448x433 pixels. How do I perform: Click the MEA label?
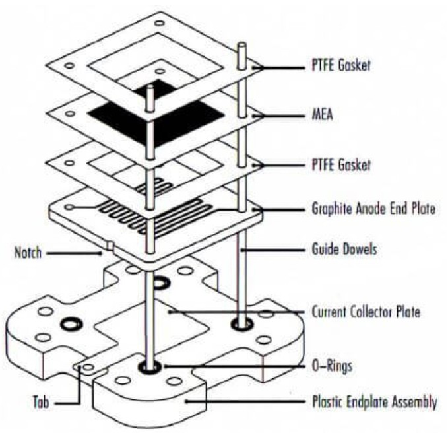pyautogui.click(x=322, y=115)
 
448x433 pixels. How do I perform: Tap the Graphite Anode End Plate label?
pyautogui.click(x=373, y=209)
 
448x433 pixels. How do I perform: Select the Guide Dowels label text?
pyautogui.click(x=344, y=250)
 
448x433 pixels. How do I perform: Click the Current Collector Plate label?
pyautogui.click(x=366, y=312)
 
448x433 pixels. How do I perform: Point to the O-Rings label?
pyautogui.click(x=332, y=366)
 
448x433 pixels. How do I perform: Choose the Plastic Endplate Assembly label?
pyautogui.click(x=375, y=402)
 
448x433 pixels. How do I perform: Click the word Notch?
pyautogui.click(x=28, y=253)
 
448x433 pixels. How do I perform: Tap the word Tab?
pyautogui.click(x=41, y=402)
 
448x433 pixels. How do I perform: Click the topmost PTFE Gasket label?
pyautogui.click(x=341, y=65)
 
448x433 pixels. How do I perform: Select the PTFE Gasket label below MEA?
pyautogui.click(x=341, y=165)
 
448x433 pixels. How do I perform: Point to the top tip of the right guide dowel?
pyautogui.click(x=241, y=44)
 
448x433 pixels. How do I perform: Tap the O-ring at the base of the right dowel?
pyautogui.click(x=241, y=324)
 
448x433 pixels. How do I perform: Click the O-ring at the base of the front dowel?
pyautogui.click(x=149, y=367)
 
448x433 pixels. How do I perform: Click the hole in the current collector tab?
pyautogui.click(x=88, y=367)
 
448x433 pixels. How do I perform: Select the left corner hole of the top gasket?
pyautogui.click(x=69, y=66)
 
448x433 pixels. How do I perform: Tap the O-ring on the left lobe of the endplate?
pyautogui.click(x=71, y=324)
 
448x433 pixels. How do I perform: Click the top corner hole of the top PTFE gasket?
pyautogui.click(x=159, y=23)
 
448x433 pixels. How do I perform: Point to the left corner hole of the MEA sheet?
pyautogui.click(x=69, y=114)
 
